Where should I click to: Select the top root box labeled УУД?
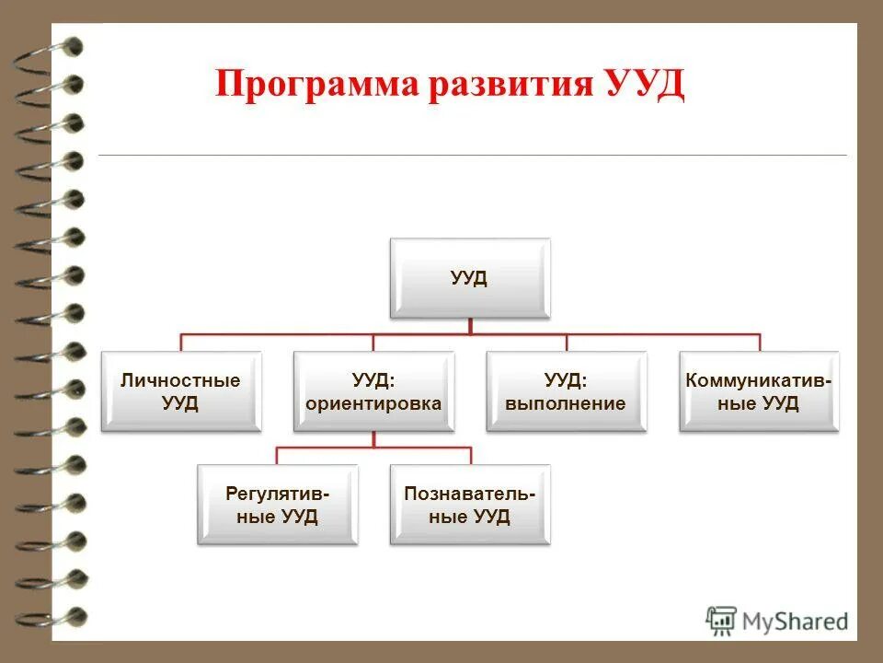tap(469, 279)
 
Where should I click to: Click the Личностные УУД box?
tap(180, 391)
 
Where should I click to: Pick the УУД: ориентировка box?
tap(373, 391)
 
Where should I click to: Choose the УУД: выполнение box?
tap(567, 391)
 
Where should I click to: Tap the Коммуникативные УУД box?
tap(759, 391)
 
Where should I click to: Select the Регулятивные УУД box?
tap(277, 505)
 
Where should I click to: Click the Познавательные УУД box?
tap(470, 505)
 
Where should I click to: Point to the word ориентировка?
tap(373, 403)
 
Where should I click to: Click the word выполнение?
tap(567, 403)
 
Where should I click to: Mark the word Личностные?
tap(180, 380)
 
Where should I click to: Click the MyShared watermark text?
tap(796, 621)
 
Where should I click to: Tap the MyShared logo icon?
tap(722, 620)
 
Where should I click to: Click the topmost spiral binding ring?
tap(55, 46)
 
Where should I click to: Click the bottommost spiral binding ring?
tap(55, 616)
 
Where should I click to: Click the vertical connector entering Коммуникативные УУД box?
tap(760, 343)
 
